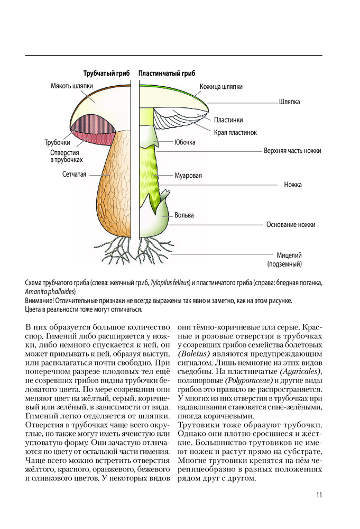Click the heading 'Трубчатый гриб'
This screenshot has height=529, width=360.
tap(106, 74)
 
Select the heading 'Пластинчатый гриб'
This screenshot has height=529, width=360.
tap(167, 74)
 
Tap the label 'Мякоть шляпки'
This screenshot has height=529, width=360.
tap(72, 86)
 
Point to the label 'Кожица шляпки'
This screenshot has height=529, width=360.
tap(221, 87)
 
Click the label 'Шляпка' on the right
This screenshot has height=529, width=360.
tap(289, 102)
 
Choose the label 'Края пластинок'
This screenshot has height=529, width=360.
tap(235, 132)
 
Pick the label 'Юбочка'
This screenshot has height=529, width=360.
tap(185, 142)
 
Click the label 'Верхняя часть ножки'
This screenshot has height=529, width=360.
tap(292, 151)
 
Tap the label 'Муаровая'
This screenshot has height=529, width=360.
tap(188, 176)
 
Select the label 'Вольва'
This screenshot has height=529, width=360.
tap(185, 215)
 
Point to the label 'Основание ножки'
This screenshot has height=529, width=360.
tap(290, 224)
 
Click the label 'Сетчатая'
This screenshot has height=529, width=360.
tap(73, 174)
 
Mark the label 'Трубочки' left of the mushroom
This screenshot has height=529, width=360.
tap(58, 142)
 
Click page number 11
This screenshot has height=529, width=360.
tap(319, 495)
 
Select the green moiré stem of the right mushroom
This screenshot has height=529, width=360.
tap(151, 175)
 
